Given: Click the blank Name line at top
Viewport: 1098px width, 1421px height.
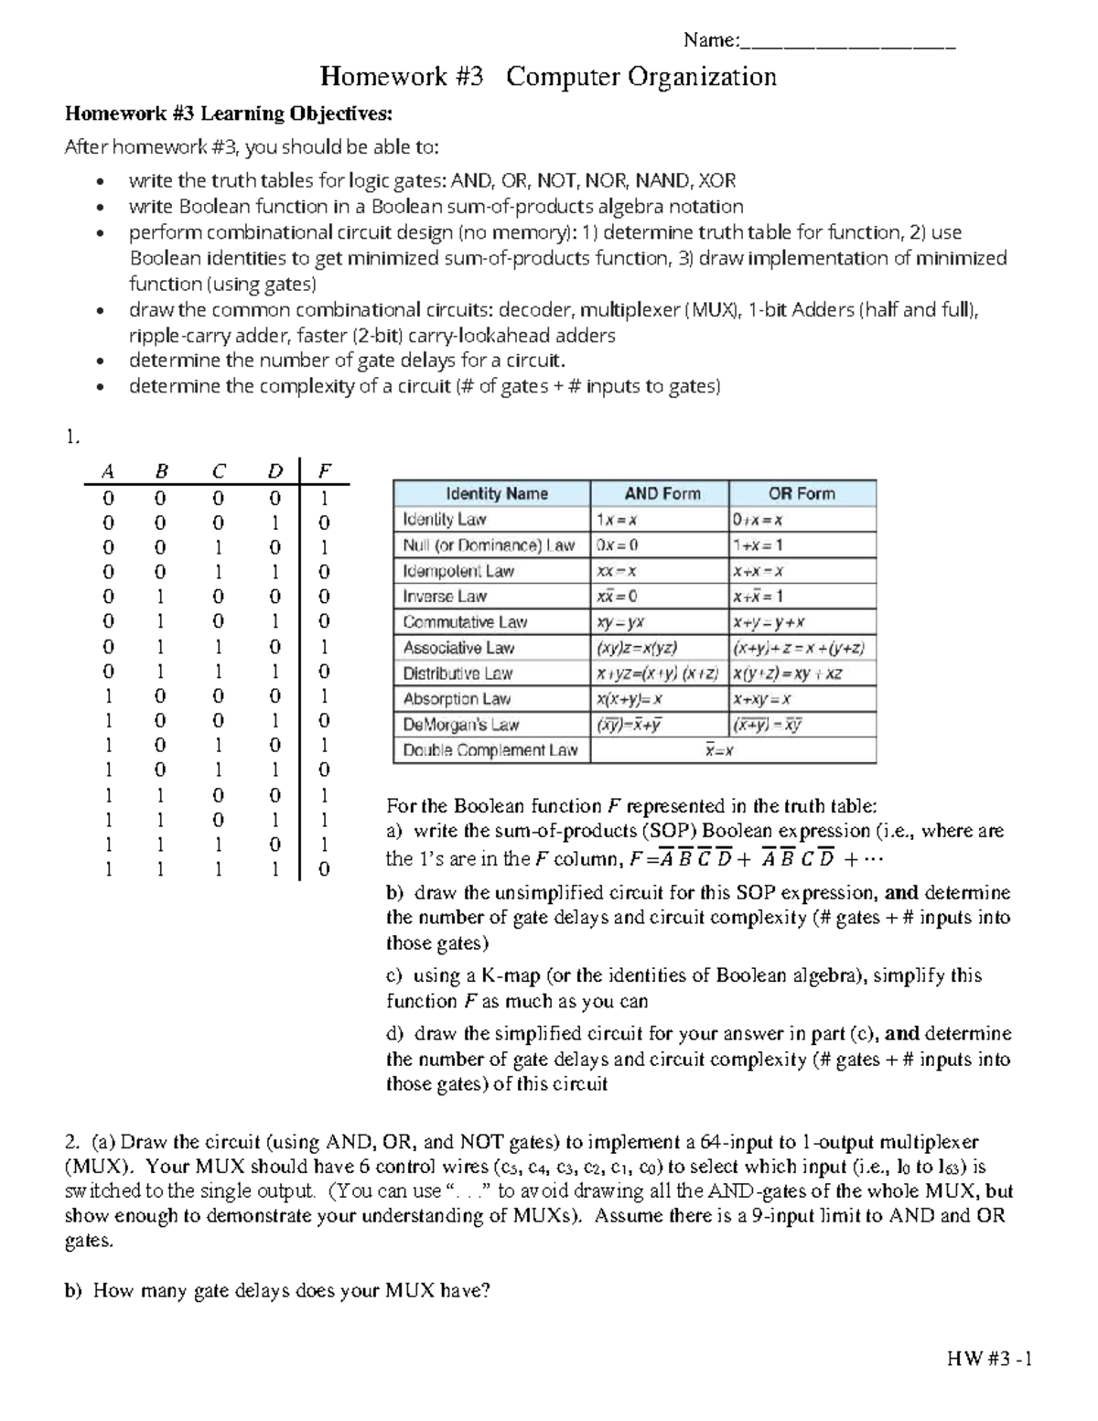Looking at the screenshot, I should [847, 42].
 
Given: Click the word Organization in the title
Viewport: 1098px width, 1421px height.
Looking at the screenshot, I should [701, 77].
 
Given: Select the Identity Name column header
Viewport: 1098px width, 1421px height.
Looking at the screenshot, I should [496, 493].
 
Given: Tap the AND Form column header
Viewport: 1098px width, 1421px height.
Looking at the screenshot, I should [662, 493].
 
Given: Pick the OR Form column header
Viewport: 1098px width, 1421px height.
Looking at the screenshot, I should [802, 493].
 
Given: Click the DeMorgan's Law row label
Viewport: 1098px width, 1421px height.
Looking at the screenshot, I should [460, 725].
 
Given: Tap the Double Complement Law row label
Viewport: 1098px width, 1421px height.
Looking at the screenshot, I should [490, 750].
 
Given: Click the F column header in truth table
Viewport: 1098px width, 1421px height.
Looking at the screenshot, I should [323, 472].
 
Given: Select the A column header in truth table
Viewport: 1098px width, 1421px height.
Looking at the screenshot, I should [108, 472].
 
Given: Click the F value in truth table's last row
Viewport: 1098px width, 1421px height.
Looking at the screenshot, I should [323, 869].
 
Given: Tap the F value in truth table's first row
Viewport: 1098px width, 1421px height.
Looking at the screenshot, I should [323, 499].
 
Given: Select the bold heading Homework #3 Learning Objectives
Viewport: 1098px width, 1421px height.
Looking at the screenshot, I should [228, 114].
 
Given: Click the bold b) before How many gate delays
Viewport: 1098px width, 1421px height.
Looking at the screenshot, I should [72, 1291].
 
